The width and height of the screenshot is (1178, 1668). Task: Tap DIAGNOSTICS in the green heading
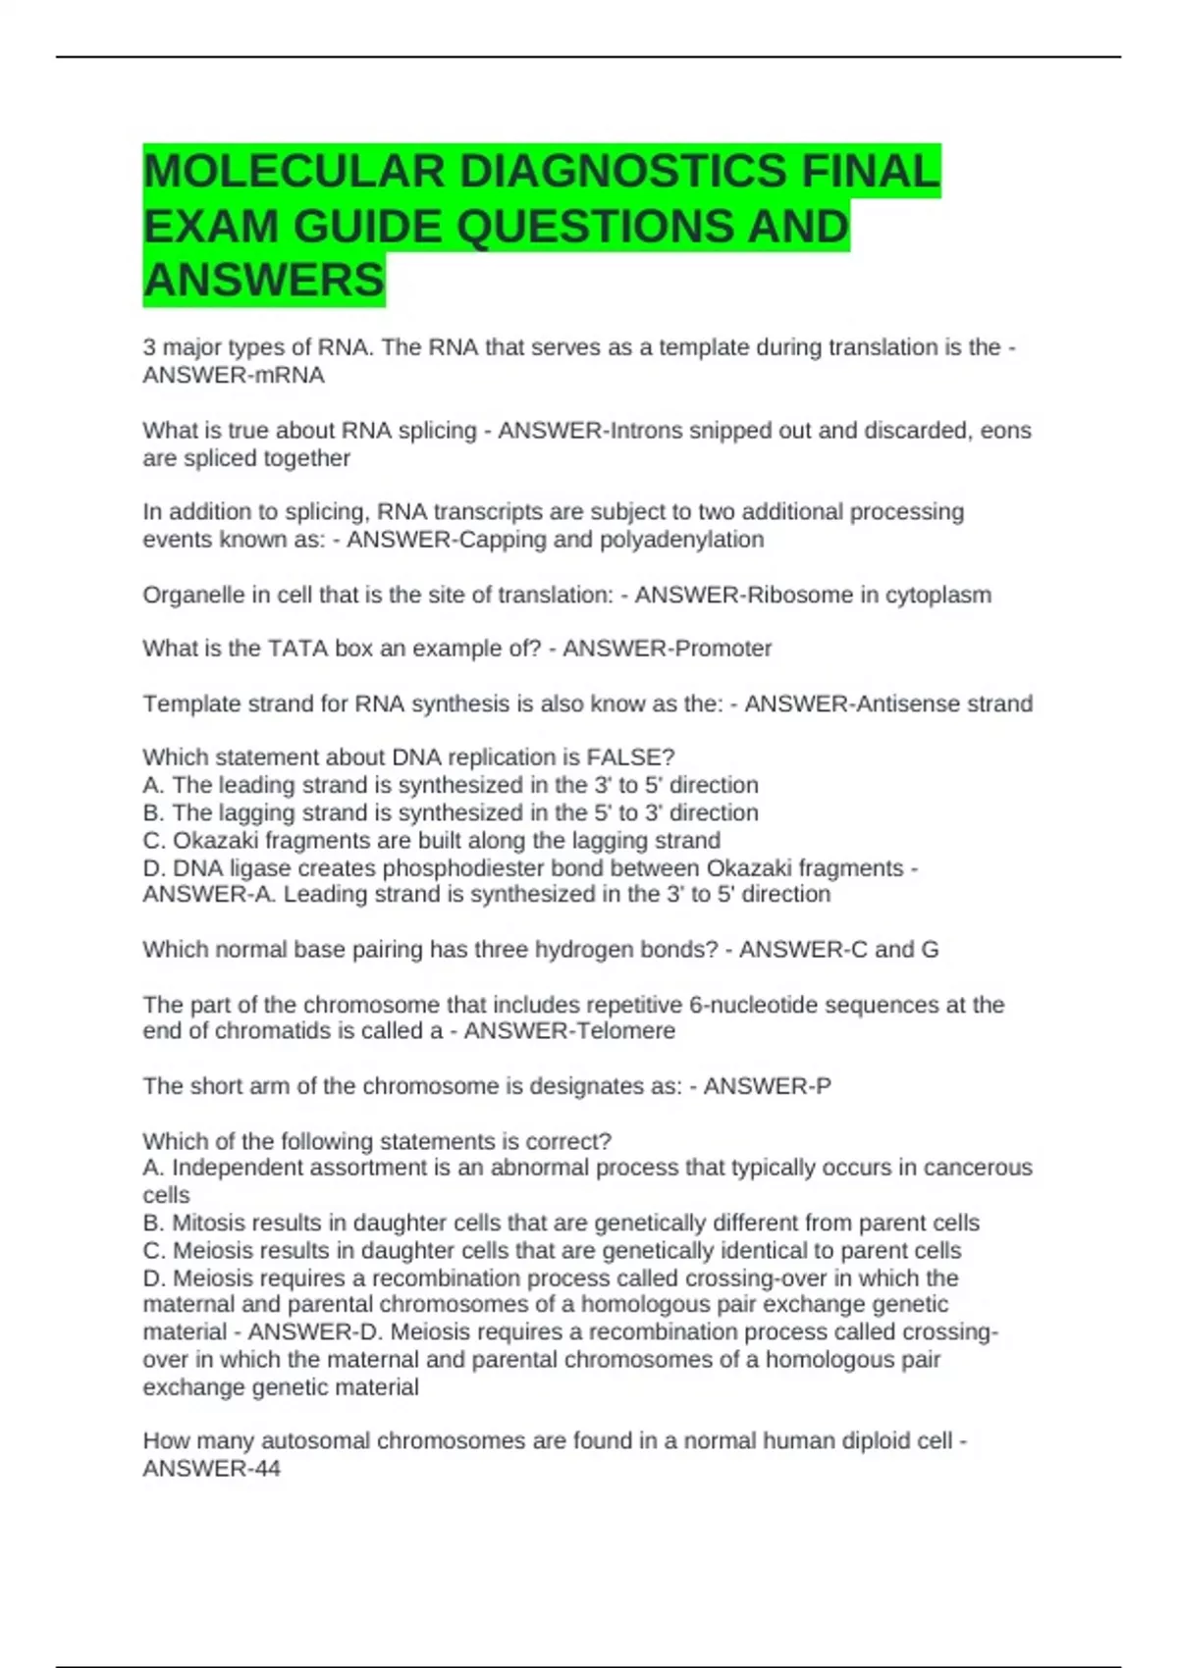622,172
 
